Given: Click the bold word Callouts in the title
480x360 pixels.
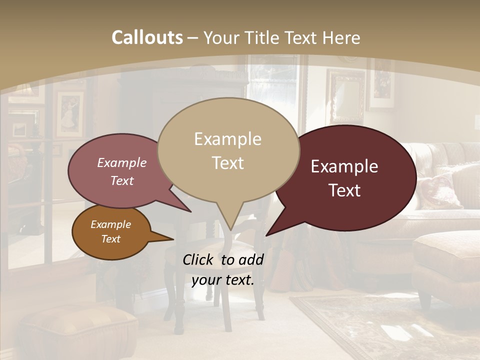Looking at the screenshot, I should point(147,37).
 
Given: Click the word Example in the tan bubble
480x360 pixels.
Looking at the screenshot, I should point(227,139).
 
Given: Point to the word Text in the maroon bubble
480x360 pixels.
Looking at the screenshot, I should point(345,190).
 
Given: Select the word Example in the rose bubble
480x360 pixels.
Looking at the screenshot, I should point(122,162).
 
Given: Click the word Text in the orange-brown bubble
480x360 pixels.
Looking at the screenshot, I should point(110,239).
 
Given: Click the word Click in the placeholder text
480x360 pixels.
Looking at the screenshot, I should point(199,259).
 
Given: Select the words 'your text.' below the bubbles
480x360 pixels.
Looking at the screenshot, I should point(223,280).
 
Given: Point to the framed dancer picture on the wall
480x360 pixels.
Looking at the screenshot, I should point(69,114).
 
